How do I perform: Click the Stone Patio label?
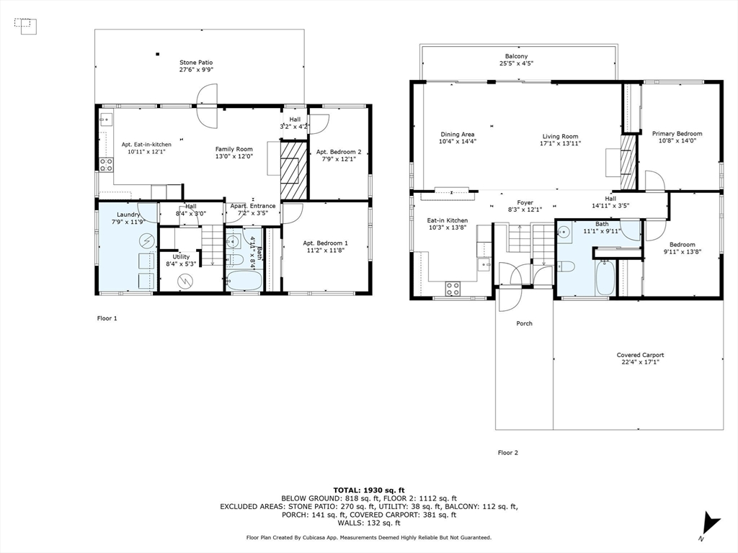tap(196, 63)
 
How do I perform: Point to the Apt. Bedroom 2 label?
tap(339, 152)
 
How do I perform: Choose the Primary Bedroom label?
tap(677, 134)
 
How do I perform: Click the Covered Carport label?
tap(640, 355)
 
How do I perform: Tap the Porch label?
tap(524, 323)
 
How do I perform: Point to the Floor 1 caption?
tap(107, 318)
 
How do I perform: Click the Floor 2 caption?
tap(507, 453)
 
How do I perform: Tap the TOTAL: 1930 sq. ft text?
tap(368, 488)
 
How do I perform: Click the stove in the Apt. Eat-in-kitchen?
tap(106, 164)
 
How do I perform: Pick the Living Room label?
tap(560, 136)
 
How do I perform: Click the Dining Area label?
tap(458, 134)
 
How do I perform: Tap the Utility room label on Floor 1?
tap(181, 256)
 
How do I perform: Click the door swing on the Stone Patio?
tap(206, 95)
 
